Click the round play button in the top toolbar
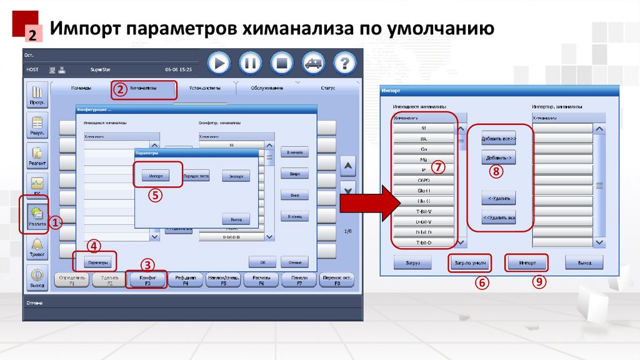(219, 62)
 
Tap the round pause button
(251, 62)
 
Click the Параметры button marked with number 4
(95, 261)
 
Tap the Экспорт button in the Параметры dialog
(236, 176)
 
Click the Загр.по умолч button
(469, 263)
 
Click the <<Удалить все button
(498, 218)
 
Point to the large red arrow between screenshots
(369, 202)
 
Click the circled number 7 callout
(438, 167)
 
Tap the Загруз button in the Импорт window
(412, 263)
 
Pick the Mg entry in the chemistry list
(423, 159)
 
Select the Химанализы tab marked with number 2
(144, 89)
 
